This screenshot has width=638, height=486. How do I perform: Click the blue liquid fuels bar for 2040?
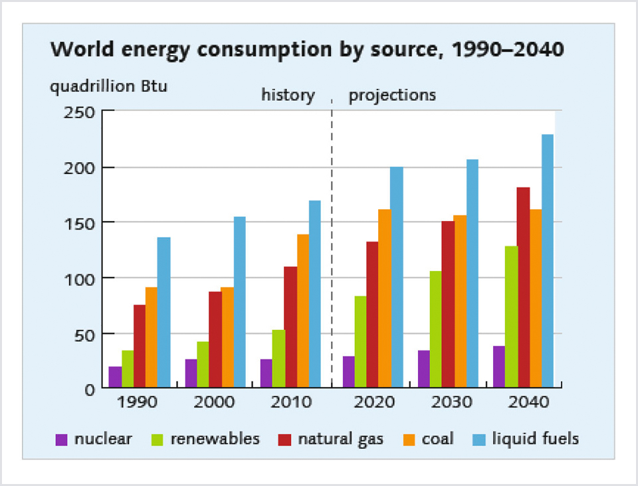point(548,260)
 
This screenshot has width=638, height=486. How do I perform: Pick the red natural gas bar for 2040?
point(524,287)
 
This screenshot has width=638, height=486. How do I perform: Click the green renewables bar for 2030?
point(435,329)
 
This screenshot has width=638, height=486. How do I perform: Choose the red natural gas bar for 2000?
point(215,339)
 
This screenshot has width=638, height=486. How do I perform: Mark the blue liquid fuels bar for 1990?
point(163,312)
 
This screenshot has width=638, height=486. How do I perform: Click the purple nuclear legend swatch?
point(62,439)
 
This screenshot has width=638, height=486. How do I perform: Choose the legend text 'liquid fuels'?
point(536,439)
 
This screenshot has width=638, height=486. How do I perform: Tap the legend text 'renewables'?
point(215,439)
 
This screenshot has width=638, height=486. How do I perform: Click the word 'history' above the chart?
point(288,95)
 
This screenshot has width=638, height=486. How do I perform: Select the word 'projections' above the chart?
point(392,95)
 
